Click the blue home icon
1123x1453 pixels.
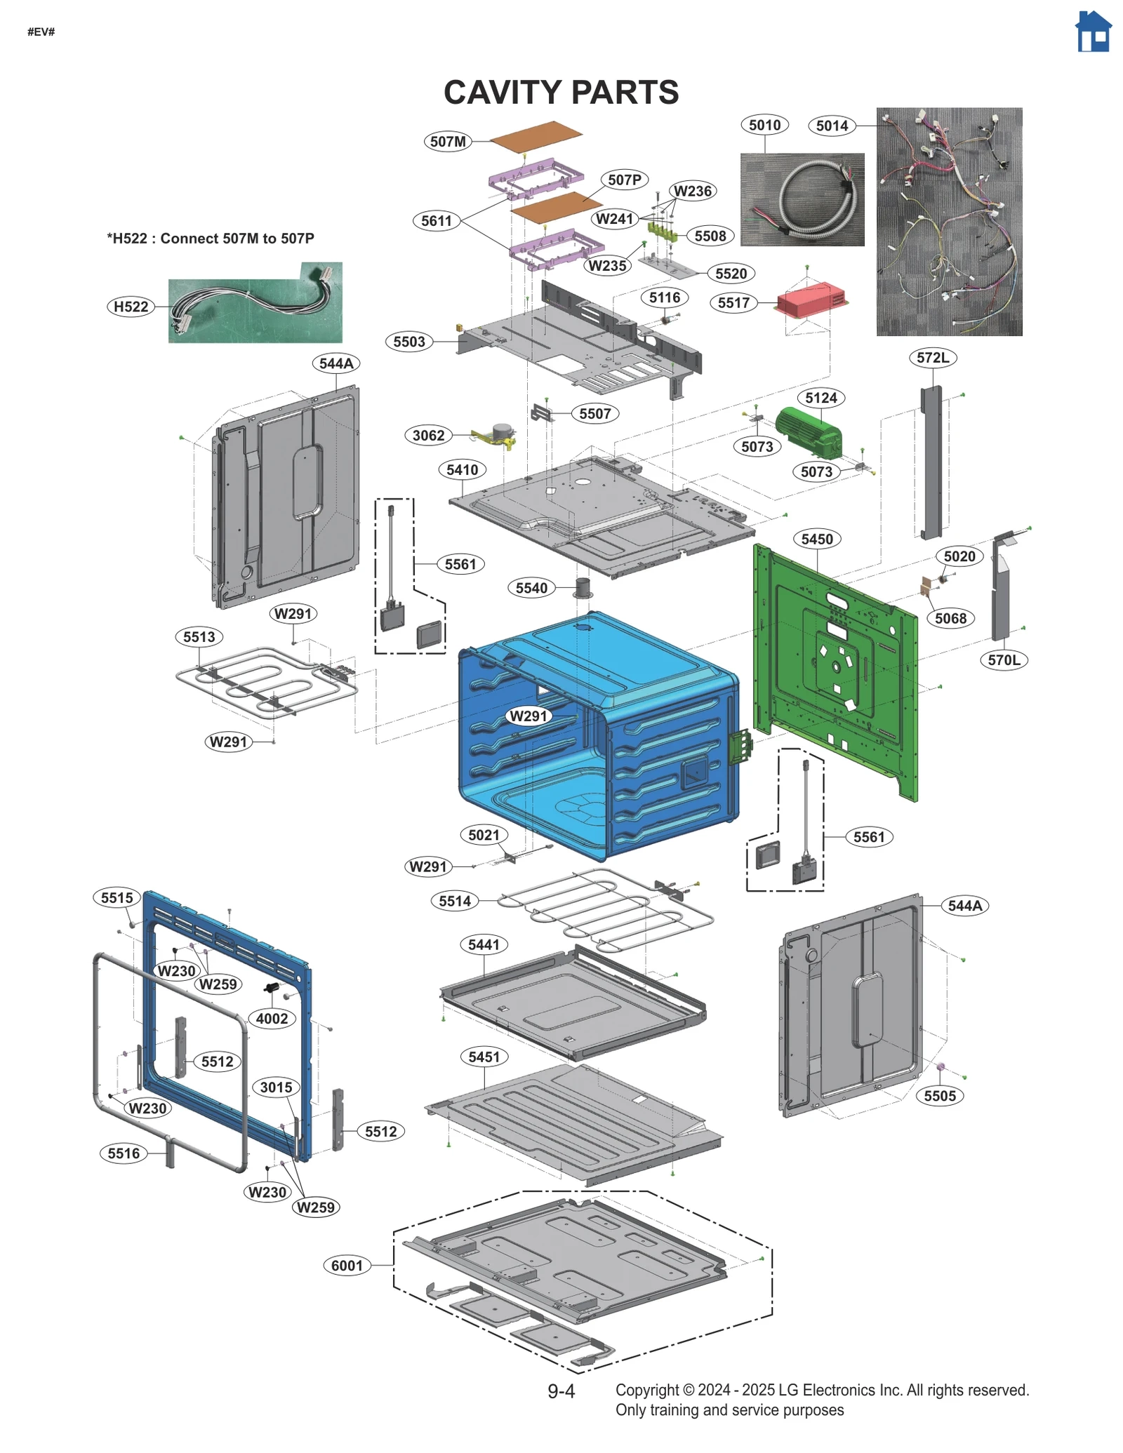click(1093, 32)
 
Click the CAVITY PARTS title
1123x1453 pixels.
click(561, 93)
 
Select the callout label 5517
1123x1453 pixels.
click(733, 303)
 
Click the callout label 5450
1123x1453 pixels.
click(817, 539)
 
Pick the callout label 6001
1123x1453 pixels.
click(347, 1265)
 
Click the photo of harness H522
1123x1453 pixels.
click(255, 303)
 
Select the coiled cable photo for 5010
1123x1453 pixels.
click(802, 199)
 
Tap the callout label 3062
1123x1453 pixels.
click(428, 435)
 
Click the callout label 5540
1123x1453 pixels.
click(531, 588)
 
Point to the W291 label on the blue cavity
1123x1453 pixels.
click(529, 716)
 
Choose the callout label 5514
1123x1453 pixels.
click(455, 901)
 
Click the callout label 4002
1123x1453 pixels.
click(272, 1018)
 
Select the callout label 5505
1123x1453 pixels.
click(940, 1096)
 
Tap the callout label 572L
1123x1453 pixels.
click(933, 358)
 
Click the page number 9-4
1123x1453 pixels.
click(561, 1391)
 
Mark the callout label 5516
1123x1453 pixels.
click(124, 1153)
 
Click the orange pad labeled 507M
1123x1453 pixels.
click(536, 135)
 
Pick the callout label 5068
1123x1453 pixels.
click(950, 618)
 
